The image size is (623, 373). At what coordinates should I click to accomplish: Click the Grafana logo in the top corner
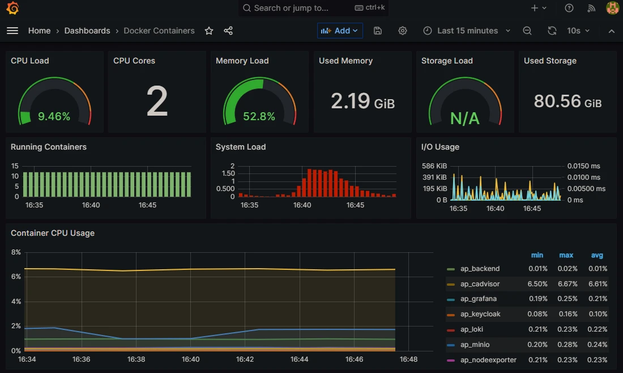(12, 9)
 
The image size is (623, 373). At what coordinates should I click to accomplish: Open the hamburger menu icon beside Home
(12, 31)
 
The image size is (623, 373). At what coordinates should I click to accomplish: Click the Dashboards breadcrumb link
(87, 31)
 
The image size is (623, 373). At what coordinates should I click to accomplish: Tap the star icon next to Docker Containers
(209, 31)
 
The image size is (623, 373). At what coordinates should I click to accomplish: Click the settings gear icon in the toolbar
(403, 31)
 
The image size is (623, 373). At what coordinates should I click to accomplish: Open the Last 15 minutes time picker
(467, 31)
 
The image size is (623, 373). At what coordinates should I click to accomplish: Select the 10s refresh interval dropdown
(578, 31)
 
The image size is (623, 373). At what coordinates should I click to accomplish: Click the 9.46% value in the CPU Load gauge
(54, 117)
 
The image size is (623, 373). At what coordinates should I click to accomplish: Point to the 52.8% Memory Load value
(259, 117)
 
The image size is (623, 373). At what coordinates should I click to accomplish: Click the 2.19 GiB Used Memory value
(362, 101)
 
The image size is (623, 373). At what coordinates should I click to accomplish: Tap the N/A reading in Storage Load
(464, 118)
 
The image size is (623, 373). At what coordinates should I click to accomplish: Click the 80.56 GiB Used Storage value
(567, 101)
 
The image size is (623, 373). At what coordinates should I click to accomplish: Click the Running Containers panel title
(49, 147)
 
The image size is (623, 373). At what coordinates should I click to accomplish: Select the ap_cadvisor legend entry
(480, 284)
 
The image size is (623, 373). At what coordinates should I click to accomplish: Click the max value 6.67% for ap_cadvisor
(566, 284)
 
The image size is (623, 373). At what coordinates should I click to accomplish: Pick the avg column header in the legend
(597, 255)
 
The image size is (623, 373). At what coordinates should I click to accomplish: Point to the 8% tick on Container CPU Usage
(16, 252)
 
